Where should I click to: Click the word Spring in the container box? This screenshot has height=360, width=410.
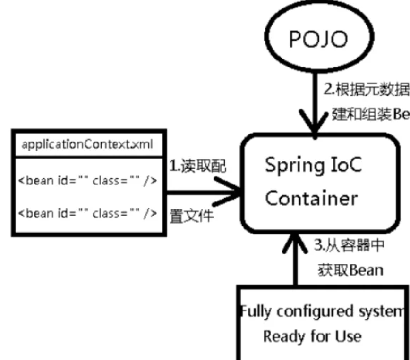point(288,166)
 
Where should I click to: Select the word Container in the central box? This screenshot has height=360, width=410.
point(311,198)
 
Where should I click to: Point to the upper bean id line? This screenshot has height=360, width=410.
point(88,181)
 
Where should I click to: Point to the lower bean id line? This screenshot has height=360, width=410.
point(88,213)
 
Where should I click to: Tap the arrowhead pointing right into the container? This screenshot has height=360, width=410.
point(230,192)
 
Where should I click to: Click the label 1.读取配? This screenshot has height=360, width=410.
point(197,166)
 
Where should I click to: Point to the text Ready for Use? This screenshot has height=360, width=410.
point(312,336)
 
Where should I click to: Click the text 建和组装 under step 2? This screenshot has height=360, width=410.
point(355,114)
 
